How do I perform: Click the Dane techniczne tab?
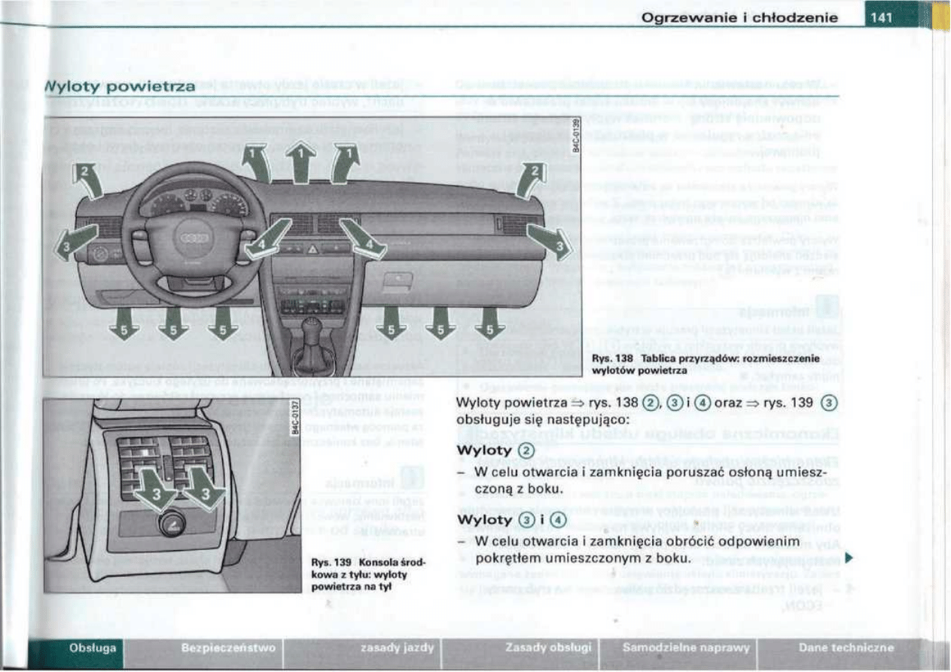tap(846, 647)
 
